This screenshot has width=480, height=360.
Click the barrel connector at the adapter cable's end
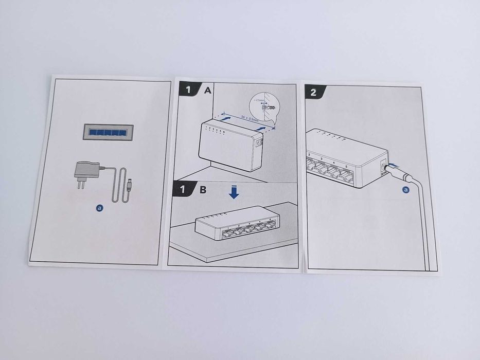[x=130, y=182]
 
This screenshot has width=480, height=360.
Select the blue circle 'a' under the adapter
[x=100, y=208]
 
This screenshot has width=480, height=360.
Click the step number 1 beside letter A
[x=188, y=89]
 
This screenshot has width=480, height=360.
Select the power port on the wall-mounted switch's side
[x=259, y=146]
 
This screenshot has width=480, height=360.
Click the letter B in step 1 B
[x=203, y=189]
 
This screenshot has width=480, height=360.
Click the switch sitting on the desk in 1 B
[x=236, y=224]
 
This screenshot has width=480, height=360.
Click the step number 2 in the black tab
[x=313, y=92]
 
